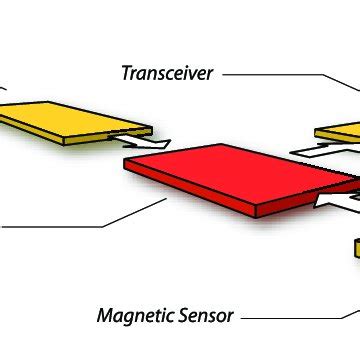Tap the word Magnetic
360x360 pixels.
click(134, 316)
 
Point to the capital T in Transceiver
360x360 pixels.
click(127, 73)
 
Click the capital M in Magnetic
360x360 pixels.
click(105, 316)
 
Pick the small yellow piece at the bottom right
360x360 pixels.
click(355, 248)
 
